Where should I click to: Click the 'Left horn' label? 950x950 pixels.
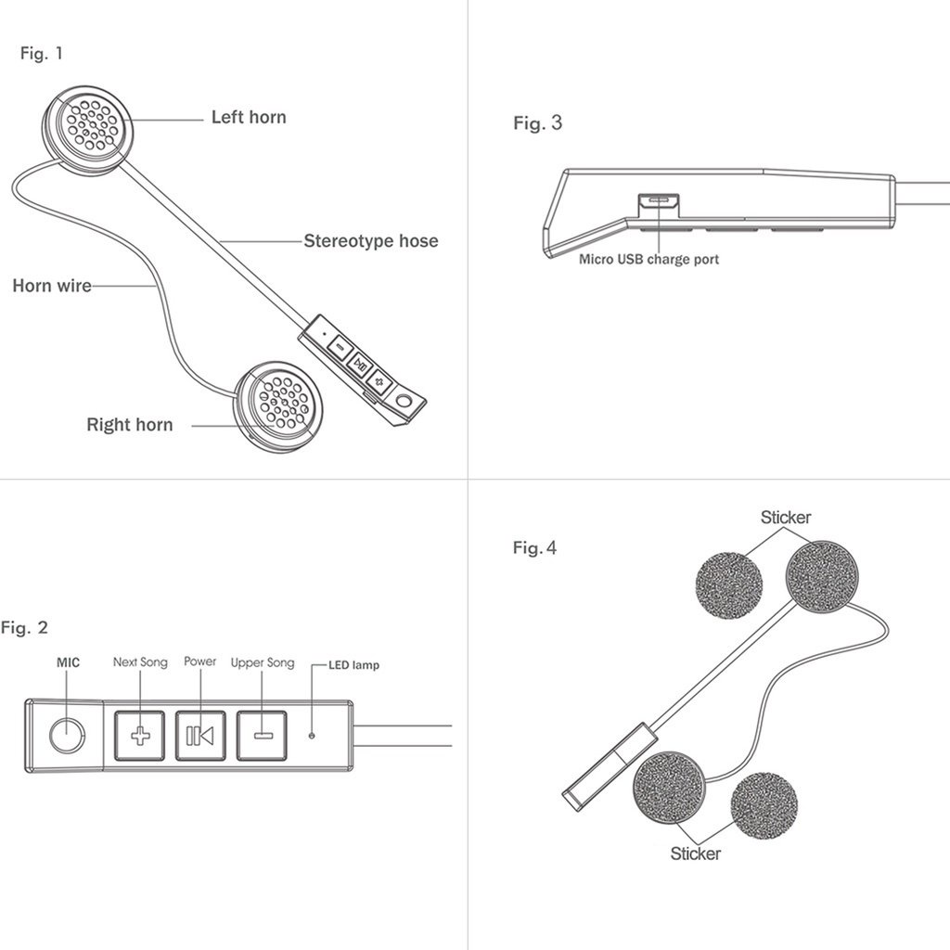tap(249, 118)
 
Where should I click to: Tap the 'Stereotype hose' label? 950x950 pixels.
tap(371, 241)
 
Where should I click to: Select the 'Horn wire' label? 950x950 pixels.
tap(52, 286)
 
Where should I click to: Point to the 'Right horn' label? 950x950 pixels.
tap(130, 425)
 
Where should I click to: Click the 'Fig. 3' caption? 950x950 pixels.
tap(538, 122)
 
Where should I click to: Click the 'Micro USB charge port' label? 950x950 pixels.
tap(648, 260)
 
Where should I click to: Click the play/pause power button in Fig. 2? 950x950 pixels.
tap(199, 736)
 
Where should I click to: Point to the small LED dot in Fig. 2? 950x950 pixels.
tap(312, 736)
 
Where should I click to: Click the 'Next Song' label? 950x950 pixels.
tap(140, 662)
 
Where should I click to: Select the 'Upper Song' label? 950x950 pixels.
tap(263, 662)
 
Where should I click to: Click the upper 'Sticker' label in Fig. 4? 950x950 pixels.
tap(786, 518)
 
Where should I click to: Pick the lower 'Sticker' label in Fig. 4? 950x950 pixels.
tap(696, 853)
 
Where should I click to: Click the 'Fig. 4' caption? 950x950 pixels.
tap(535, 548)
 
